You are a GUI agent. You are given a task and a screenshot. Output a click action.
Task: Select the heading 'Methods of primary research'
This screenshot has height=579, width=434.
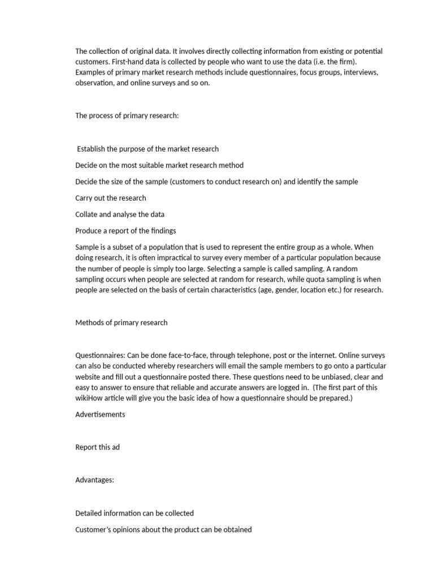pyautogui.click(x=121, y=323)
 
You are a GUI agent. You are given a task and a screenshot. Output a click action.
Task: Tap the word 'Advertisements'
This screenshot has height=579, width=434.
pyautogui.click(x=101, y=414)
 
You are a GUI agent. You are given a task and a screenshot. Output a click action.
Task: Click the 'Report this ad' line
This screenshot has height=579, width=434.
pyautogui.click(x=98, y=447)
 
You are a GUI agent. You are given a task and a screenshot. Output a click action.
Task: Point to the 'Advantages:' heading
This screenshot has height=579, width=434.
pyautogui.click(x=95, y=480)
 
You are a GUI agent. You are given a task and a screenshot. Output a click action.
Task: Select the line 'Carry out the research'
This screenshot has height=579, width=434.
pyautogui.click(x=111, y=198)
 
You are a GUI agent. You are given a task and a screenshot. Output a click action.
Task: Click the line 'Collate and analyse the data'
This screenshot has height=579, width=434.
pyautogui.click(x=120, y=214)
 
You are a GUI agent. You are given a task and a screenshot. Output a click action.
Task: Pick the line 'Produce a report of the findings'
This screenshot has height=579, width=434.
pyautogui.click(x=126, y=231)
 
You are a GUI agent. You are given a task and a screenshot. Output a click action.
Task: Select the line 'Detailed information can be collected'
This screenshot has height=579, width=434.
pyautogui.click(x=134, y=513)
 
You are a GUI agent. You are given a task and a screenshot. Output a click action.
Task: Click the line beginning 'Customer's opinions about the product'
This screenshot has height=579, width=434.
pyautogui.click(x=163, y=530)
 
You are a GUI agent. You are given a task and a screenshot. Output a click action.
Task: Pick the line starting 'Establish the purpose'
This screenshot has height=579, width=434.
pyautogui.click(x=148, y=149)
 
